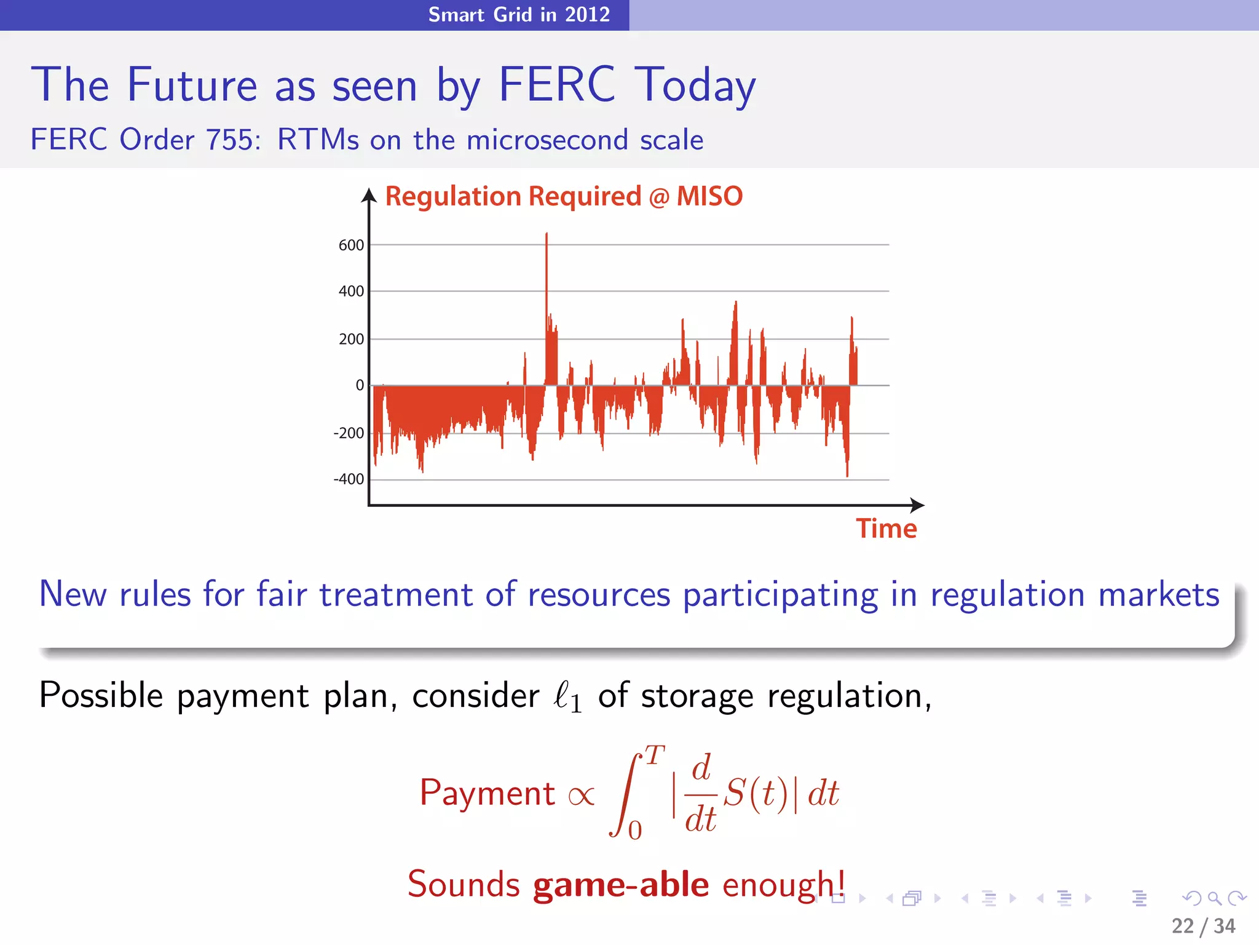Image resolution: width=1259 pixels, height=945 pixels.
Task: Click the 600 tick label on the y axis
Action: (351, 245)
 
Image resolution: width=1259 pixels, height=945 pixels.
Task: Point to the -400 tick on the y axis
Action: (349, 479)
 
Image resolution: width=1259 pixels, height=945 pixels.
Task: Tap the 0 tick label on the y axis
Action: (360, 386)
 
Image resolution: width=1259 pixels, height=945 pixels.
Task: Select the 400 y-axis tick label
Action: (351, 292)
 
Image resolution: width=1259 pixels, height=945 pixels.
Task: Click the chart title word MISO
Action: (709, 197)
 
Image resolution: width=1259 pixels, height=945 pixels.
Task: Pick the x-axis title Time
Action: (886, 529)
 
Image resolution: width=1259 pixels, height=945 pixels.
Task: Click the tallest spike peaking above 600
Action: (547, 246)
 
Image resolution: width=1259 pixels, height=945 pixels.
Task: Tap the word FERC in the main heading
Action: (556, 85)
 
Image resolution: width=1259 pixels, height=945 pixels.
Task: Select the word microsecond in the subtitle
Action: (548, 140)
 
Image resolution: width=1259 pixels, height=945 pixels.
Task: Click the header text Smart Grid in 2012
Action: (519, 14)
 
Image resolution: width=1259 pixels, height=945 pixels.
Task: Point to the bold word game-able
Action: (621, 885)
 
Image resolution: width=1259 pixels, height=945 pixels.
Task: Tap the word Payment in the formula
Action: (487, 792)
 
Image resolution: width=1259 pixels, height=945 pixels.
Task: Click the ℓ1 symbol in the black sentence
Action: (567, 697)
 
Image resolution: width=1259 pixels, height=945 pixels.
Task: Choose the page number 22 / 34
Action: (1203, 926)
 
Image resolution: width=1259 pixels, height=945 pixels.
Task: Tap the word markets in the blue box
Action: (1159, 595)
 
